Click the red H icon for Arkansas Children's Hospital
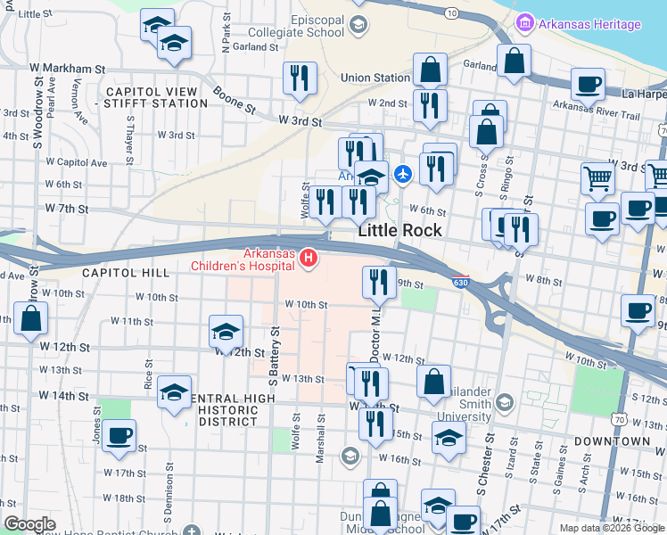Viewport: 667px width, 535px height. pos(309,259)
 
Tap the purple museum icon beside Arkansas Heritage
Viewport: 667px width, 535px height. pos(525,23)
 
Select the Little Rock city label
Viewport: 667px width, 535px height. pos(399,230)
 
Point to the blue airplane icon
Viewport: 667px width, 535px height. pos(403,173)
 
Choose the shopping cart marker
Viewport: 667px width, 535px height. pos(597,178)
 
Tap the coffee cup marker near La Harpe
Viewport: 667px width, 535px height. pos(588,85)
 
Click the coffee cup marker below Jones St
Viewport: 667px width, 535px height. pos(119,436)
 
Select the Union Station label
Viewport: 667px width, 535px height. pos(375,78)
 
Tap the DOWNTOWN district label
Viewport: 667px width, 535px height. pos(612,440)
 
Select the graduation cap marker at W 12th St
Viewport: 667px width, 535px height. pos(226,333)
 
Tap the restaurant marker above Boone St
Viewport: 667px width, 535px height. pos(300,78)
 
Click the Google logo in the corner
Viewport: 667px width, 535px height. pos(29,525)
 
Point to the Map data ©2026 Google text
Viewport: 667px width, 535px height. pos(611,528)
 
